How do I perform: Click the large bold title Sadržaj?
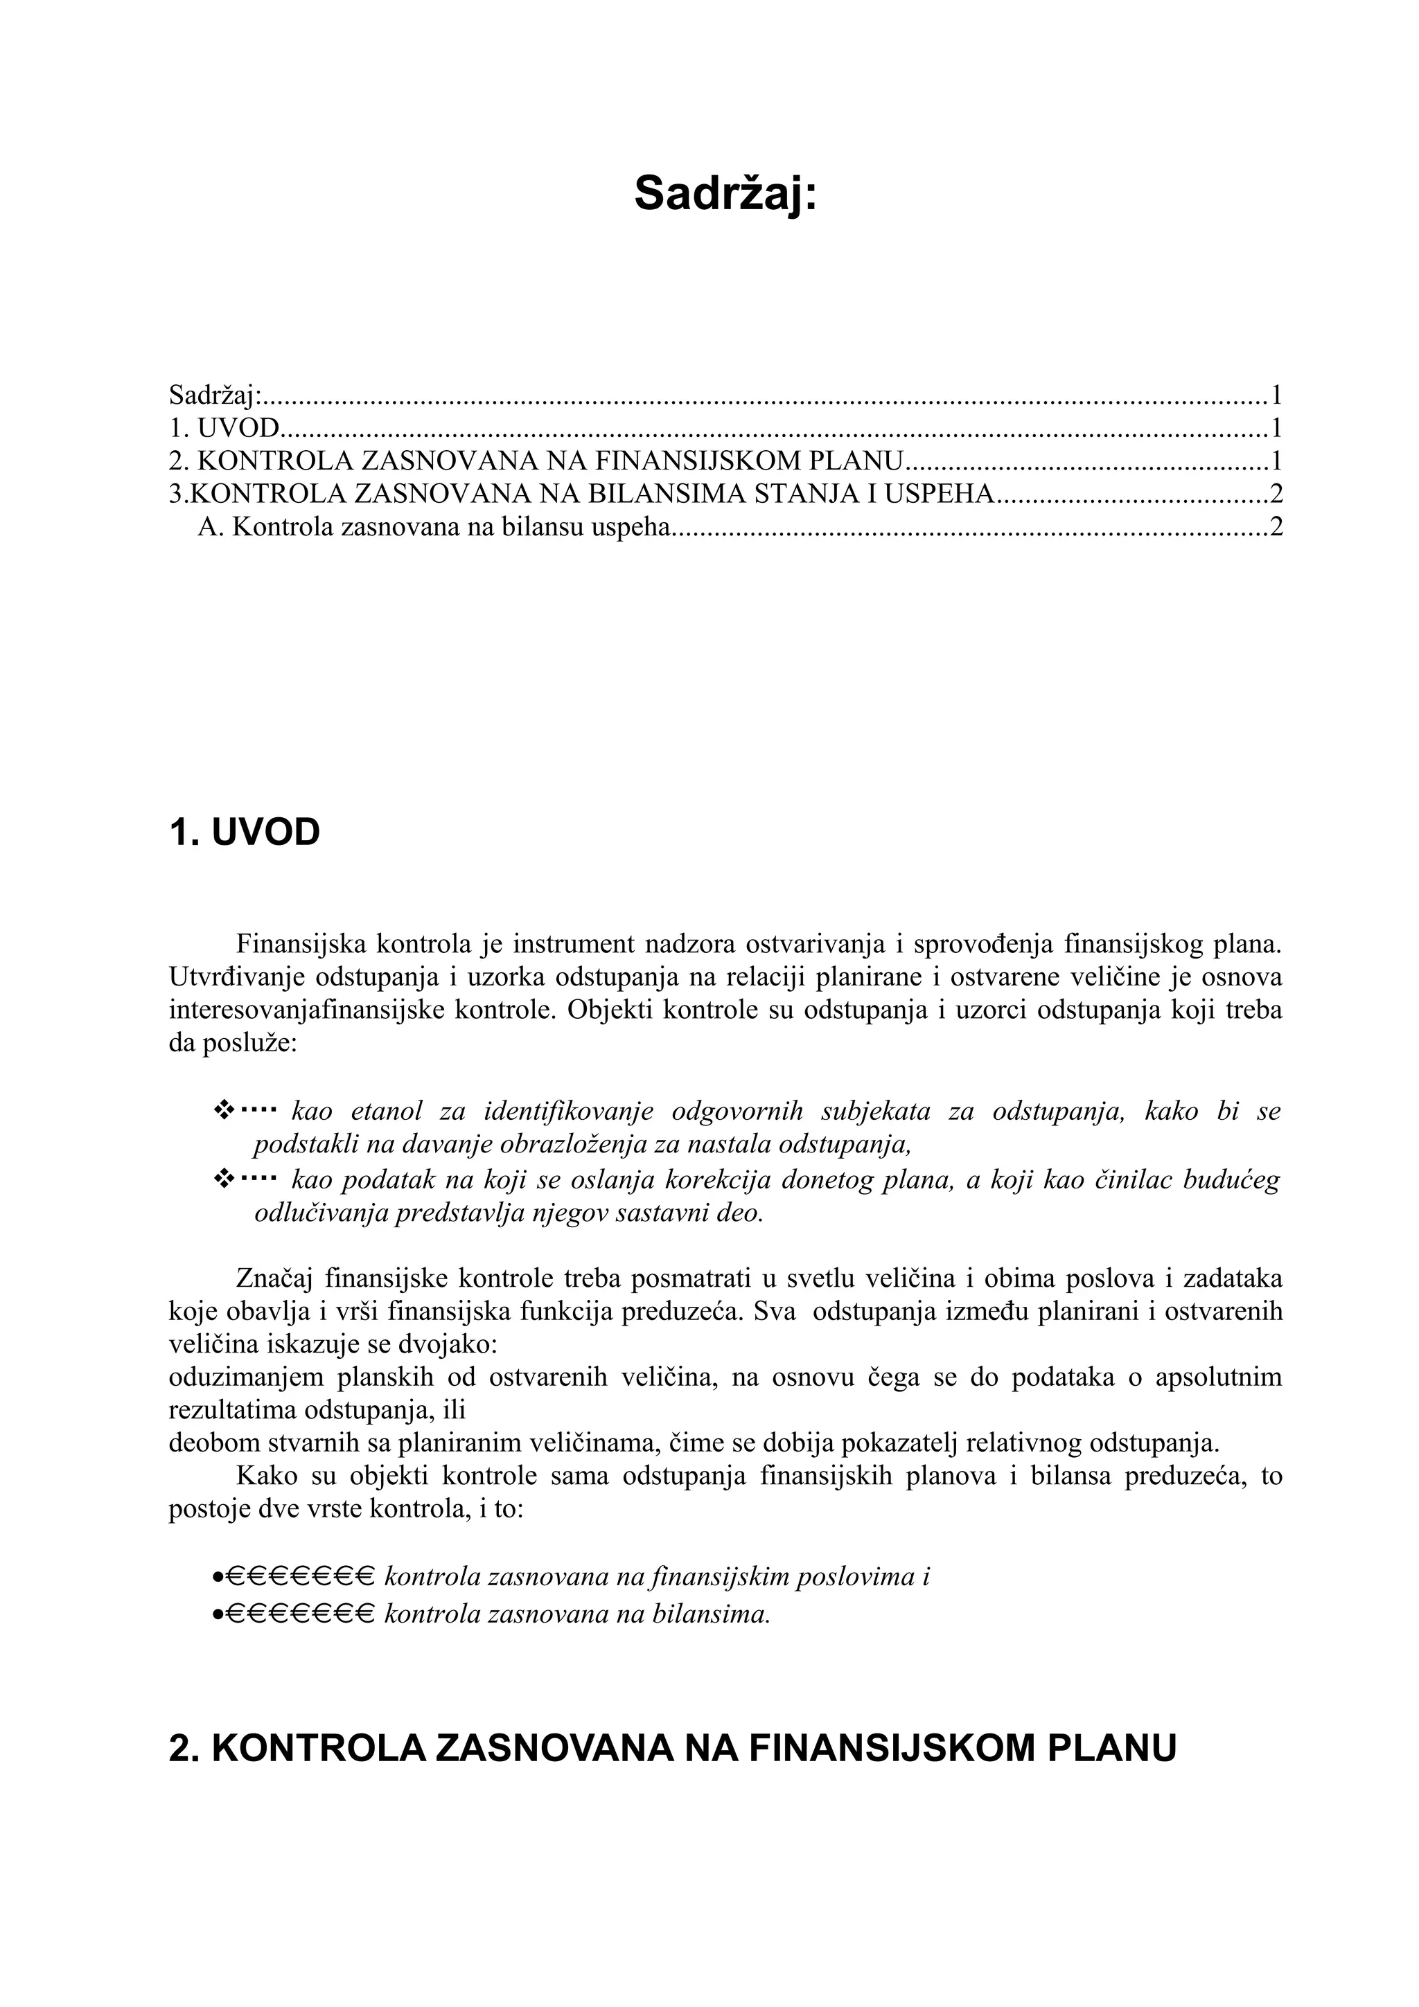coord(725,193)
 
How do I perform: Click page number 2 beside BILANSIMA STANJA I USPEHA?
coord(1276,494)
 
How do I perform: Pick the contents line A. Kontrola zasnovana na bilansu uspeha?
coord(434,527)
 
